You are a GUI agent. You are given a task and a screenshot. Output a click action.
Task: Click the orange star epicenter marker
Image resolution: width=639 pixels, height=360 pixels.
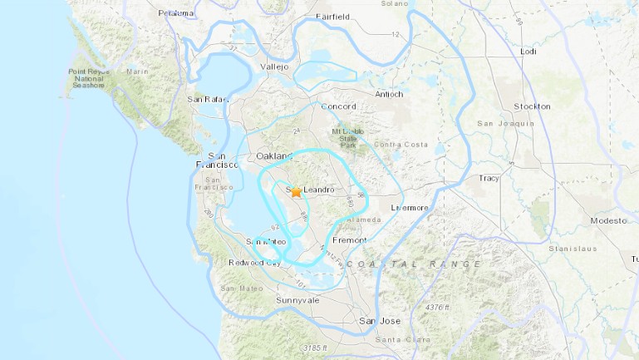pyautogui.click(x=296, y=192)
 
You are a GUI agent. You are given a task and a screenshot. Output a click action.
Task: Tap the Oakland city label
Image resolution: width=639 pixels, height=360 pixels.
pyautogui.click(x=275, y=156)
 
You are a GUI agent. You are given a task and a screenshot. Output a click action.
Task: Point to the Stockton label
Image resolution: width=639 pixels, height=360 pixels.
pyautogui.click(x=532, y=106)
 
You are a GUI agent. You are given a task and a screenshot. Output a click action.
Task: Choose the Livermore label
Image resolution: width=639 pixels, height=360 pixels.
pyautogui.click(x=410, y=207)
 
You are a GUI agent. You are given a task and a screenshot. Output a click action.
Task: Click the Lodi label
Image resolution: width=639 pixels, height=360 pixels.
pyautogui.click(x=528, y=51)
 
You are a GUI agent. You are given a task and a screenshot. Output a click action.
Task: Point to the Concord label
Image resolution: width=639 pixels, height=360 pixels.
pyautogui.click(x=338, y=106)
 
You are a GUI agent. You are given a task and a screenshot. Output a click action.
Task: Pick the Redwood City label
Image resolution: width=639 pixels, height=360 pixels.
pyautogui.click(x=255, y=263)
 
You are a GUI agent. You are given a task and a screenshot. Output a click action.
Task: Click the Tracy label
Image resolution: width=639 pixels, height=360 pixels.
pyautogui.click(x=489, y=178)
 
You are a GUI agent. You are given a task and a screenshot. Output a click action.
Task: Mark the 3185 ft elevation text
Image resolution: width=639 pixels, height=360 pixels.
pyautogui.click(x=316, y=348)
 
